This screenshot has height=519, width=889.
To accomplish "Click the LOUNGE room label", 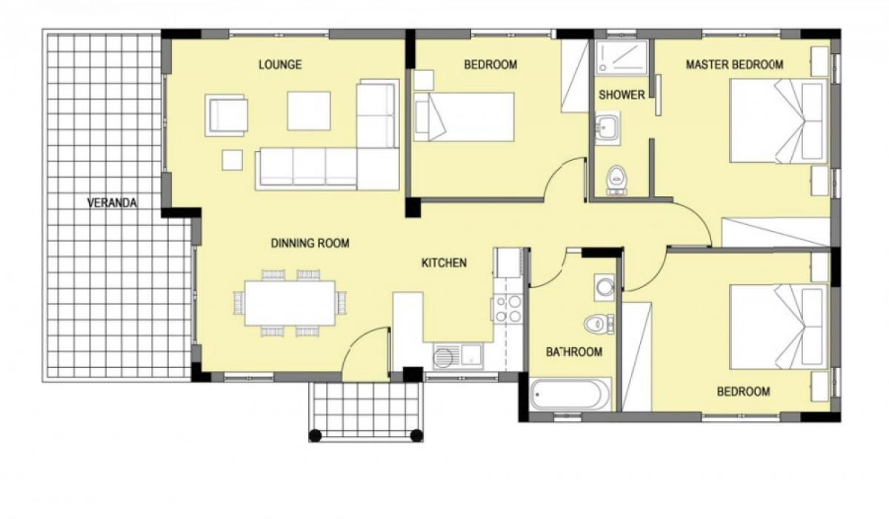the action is (280, 64).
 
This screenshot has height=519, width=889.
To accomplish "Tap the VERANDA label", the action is (112, 203).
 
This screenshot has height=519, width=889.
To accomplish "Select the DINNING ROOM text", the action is (310, 243).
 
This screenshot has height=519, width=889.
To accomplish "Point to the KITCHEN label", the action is (444, 263).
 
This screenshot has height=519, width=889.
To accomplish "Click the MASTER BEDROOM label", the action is (735, 64).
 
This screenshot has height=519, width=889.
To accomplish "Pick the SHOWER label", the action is (622, 95).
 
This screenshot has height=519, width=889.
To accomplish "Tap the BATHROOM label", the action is (574, 352).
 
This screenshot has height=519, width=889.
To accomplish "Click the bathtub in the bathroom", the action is (570, 395).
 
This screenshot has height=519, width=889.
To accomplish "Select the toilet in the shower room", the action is (616, 181).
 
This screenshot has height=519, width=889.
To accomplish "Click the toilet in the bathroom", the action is (599, 324).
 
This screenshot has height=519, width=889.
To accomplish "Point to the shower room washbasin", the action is (607, 128).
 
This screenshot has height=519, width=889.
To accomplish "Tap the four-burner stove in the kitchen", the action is (507, 309).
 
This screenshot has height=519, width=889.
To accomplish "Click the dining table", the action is (290, 304).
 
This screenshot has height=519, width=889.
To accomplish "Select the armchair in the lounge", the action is (226, 115).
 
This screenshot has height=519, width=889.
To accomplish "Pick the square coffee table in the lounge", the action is (309, 111).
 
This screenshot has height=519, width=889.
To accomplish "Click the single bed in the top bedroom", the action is (464, 117).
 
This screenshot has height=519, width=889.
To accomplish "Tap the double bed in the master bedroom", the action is (779, 121).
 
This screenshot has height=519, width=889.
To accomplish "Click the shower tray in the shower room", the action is (622, 57).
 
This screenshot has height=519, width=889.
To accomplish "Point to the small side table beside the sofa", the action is (232, 160).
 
